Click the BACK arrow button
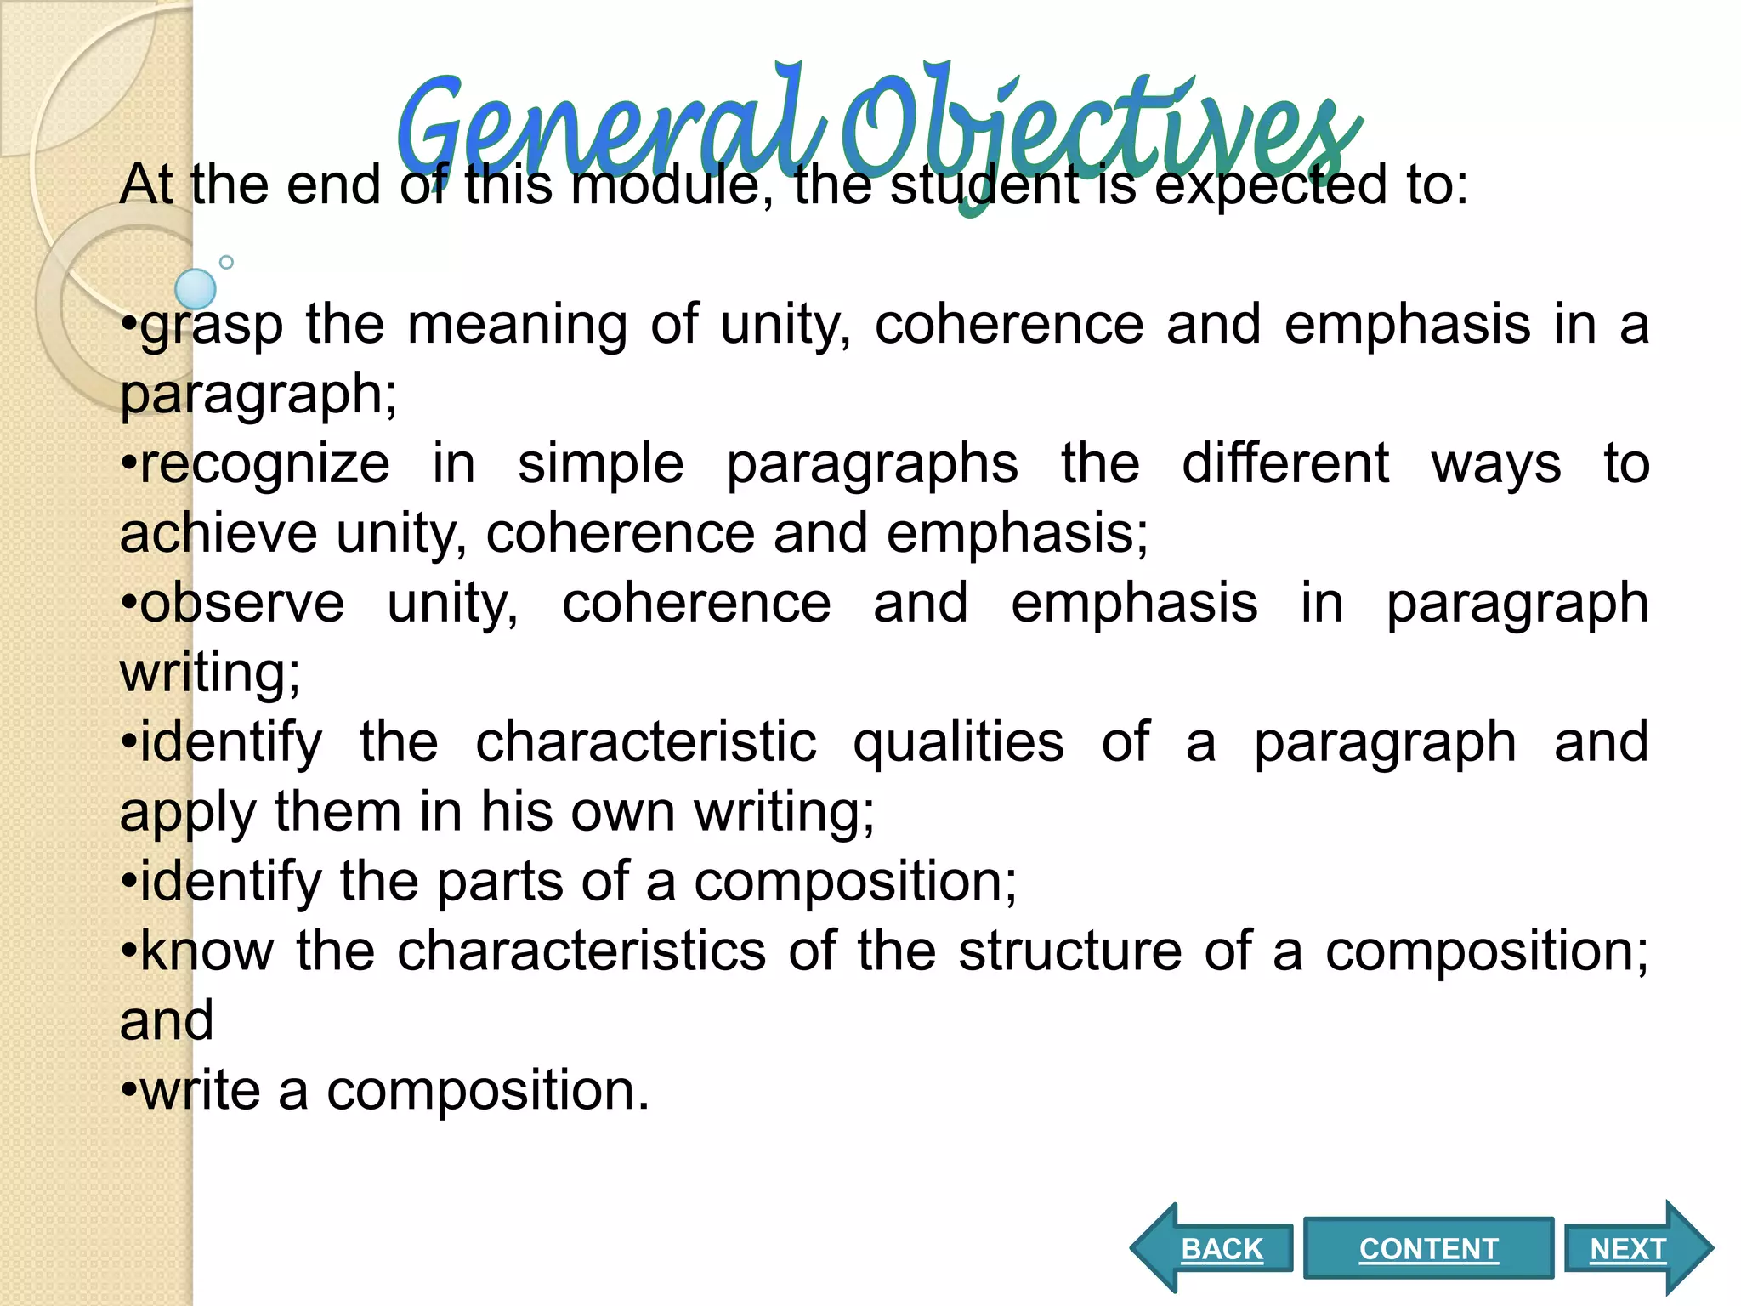click(x=1216, y=1248)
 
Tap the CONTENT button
click(x=1428, y=1248)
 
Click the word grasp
click(x=212, y=326)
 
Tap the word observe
click(x=242, y=604)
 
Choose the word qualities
click(x=958, y=743)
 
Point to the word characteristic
click(x=645, y=743)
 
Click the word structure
click(x=1070, y=951)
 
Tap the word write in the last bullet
click(x=201, y=1091)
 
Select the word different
click(x=1285, y=464)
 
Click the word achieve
click(x=218, y=534)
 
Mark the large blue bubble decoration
click(x=196, y=289)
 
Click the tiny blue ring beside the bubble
click(x=226, y=262)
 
